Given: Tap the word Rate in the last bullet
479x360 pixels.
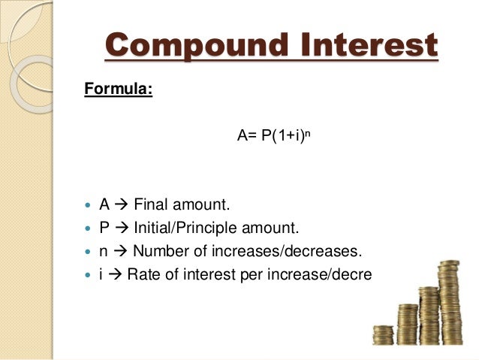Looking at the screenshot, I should click(142, 273).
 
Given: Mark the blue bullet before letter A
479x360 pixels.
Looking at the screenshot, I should click(89, 204).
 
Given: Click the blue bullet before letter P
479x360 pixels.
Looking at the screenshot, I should click(89, 228).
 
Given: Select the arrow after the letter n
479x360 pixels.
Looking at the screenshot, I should click(119, 250).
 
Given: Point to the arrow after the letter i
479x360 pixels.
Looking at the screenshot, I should click(115, 274).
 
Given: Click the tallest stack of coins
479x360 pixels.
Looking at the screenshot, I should click(449, 301).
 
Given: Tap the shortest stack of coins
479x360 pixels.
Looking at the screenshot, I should click(383, 334).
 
